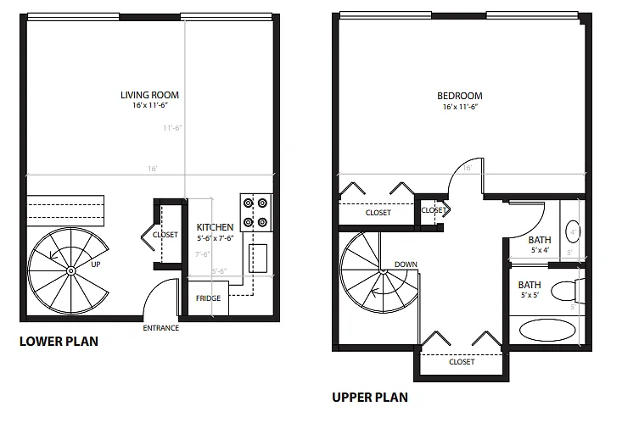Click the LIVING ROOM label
coord(149,95)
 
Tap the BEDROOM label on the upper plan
coord(461,96)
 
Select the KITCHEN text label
coord(215,228)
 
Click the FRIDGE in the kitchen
coord(208,298)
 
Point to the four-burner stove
coord(255,213)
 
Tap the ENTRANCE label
coord(160,328)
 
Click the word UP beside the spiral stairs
coord(96,264)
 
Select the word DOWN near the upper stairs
coord(406,264)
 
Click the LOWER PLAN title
coord(59,342)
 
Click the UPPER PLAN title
coord(370,396)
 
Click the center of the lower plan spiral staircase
coord(69,270)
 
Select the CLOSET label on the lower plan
coord(165,235)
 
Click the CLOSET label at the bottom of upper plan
coord(462,362)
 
